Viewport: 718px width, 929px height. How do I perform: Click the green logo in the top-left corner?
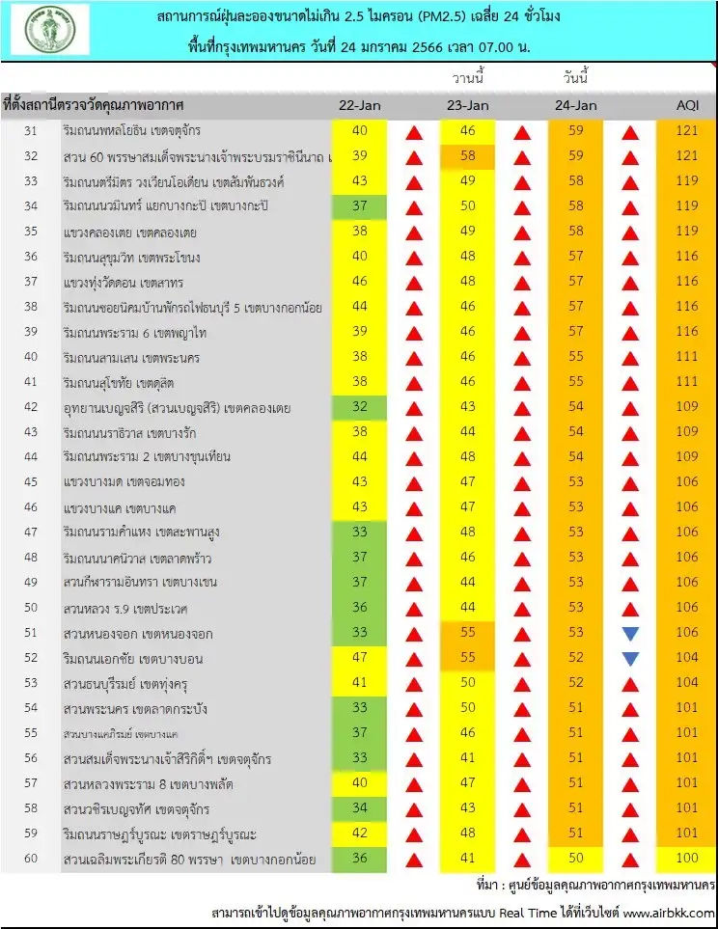[50, 30]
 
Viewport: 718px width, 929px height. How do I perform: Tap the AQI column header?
[689, 105]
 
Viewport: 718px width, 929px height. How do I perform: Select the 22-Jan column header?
[359, 105]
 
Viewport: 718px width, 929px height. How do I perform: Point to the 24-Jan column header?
[576, 105]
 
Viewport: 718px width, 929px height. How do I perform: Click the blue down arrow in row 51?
[631, 634]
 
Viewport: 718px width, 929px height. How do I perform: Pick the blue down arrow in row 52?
[631, 659]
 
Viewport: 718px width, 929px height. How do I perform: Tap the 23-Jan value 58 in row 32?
[468, 156]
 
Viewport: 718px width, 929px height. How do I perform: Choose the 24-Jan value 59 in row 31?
[576, 131]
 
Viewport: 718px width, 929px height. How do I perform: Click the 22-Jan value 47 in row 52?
[359, 659]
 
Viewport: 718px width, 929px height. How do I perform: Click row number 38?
[31, 307]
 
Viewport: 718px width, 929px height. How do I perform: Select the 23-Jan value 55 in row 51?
[468, 634]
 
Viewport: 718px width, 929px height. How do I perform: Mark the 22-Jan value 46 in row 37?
[359, 282]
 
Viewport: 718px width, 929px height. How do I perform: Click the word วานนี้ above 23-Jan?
[468, 78]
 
